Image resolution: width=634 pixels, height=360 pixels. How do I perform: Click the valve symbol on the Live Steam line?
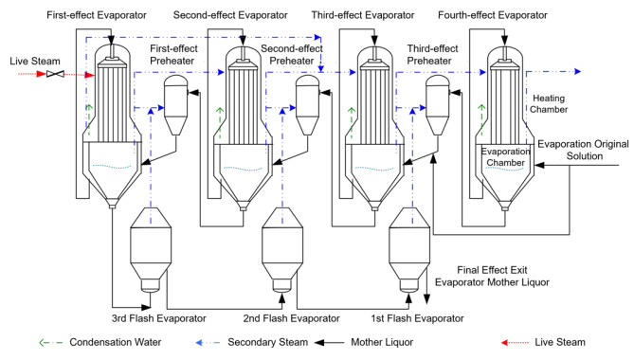point(55,74)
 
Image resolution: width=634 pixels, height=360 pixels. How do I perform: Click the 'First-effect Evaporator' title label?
point(97,15)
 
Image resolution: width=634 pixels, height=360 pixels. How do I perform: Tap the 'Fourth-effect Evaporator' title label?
point(493,15)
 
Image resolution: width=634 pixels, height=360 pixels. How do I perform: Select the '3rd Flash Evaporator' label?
point(159,318)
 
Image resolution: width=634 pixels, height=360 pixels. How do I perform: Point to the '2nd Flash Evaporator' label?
point(291,318)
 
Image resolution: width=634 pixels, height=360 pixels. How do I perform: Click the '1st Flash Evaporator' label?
point(417,318)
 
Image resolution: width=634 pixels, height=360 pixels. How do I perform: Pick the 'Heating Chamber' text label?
point(549,104)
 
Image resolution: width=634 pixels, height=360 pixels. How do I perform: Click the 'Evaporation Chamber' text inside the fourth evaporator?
point(505,156)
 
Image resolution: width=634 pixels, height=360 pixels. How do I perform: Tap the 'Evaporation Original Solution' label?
point(583,150)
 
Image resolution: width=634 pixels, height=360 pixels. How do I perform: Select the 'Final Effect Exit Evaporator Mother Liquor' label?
point(492,276)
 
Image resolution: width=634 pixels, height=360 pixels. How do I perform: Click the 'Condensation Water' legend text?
point(116,342)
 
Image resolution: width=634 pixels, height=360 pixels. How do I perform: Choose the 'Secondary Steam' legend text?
point(267,342)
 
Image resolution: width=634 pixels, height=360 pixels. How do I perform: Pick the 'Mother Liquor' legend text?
point(382,342)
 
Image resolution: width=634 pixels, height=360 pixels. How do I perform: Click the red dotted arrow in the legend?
point(515,343)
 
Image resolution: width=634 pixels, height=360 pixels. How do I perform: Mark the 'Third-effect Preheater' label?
point(432,55)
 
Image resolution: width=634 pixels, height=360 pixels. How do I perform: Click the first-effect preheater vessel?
point(175,104)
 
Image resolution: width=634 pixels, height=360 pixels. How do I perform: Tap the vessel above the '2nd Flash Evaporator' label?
point(282,250)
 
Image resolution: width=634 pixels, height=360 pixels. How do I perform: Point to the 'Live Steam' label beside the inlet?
point(35,61)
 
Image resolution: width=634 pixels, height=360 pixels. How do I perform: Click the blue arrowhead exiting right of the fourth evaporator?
point(578,71)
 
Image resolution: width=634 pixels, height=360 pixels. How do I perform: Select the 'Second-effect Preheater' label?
point(292,55)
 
